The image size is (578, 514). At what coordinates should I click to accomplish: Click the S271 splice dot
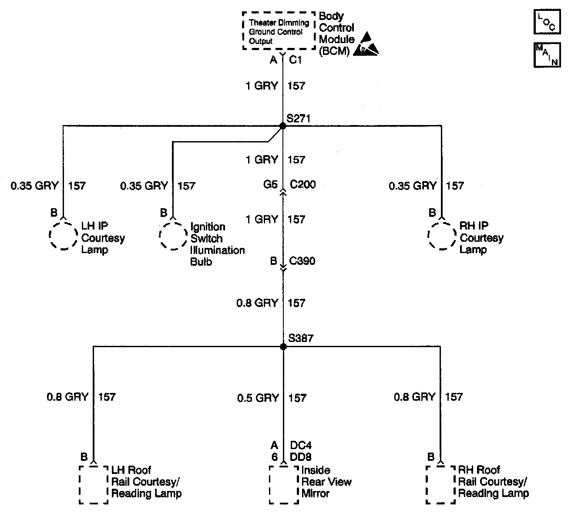click(283, 126)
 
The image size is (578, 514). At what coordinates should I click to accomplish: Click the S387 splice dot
click(283, 347)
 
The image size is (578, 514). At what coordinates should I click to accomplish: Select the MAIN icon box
click(547, 55)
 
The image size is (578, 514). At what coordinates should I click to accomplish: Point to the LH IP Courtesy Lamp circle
click(64, 235)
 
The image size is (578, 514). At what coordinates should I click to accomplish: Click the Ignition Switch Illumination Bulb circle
click(173, 236)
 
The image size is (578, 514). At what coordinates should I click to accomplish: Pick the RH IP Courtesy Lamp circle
click(442, 235)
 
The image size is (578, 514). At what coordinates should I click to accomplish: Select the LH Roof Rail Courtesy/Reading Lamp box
click(93, 484)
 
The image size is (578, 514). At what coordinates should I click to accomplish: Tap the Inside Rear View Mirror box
click(283, 484)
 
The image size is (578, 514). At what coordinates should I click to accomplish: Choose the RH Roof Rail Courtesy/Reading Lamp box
click(440, 484)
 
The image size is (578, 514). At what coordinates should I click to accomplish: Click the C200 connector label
click(303, 184)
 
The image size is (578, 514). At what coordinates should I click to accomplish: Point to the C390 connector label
click(302, 261)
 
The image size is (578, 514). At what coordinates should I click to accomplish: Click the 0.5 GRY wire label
click(258, 398)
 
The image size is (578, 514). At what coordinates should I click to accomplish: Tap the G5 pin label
click(270, 184)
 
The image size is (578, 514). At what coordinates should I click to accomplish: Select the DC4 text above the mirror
click(301, 446)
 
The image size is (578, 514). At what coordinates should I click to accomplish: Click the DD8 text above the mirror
click(301, 457)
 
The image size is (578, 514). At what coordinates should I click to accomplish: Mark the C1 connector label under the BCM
click(296, 60)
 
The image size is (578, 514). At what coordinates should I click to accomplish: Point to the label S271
click(299, 118)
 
